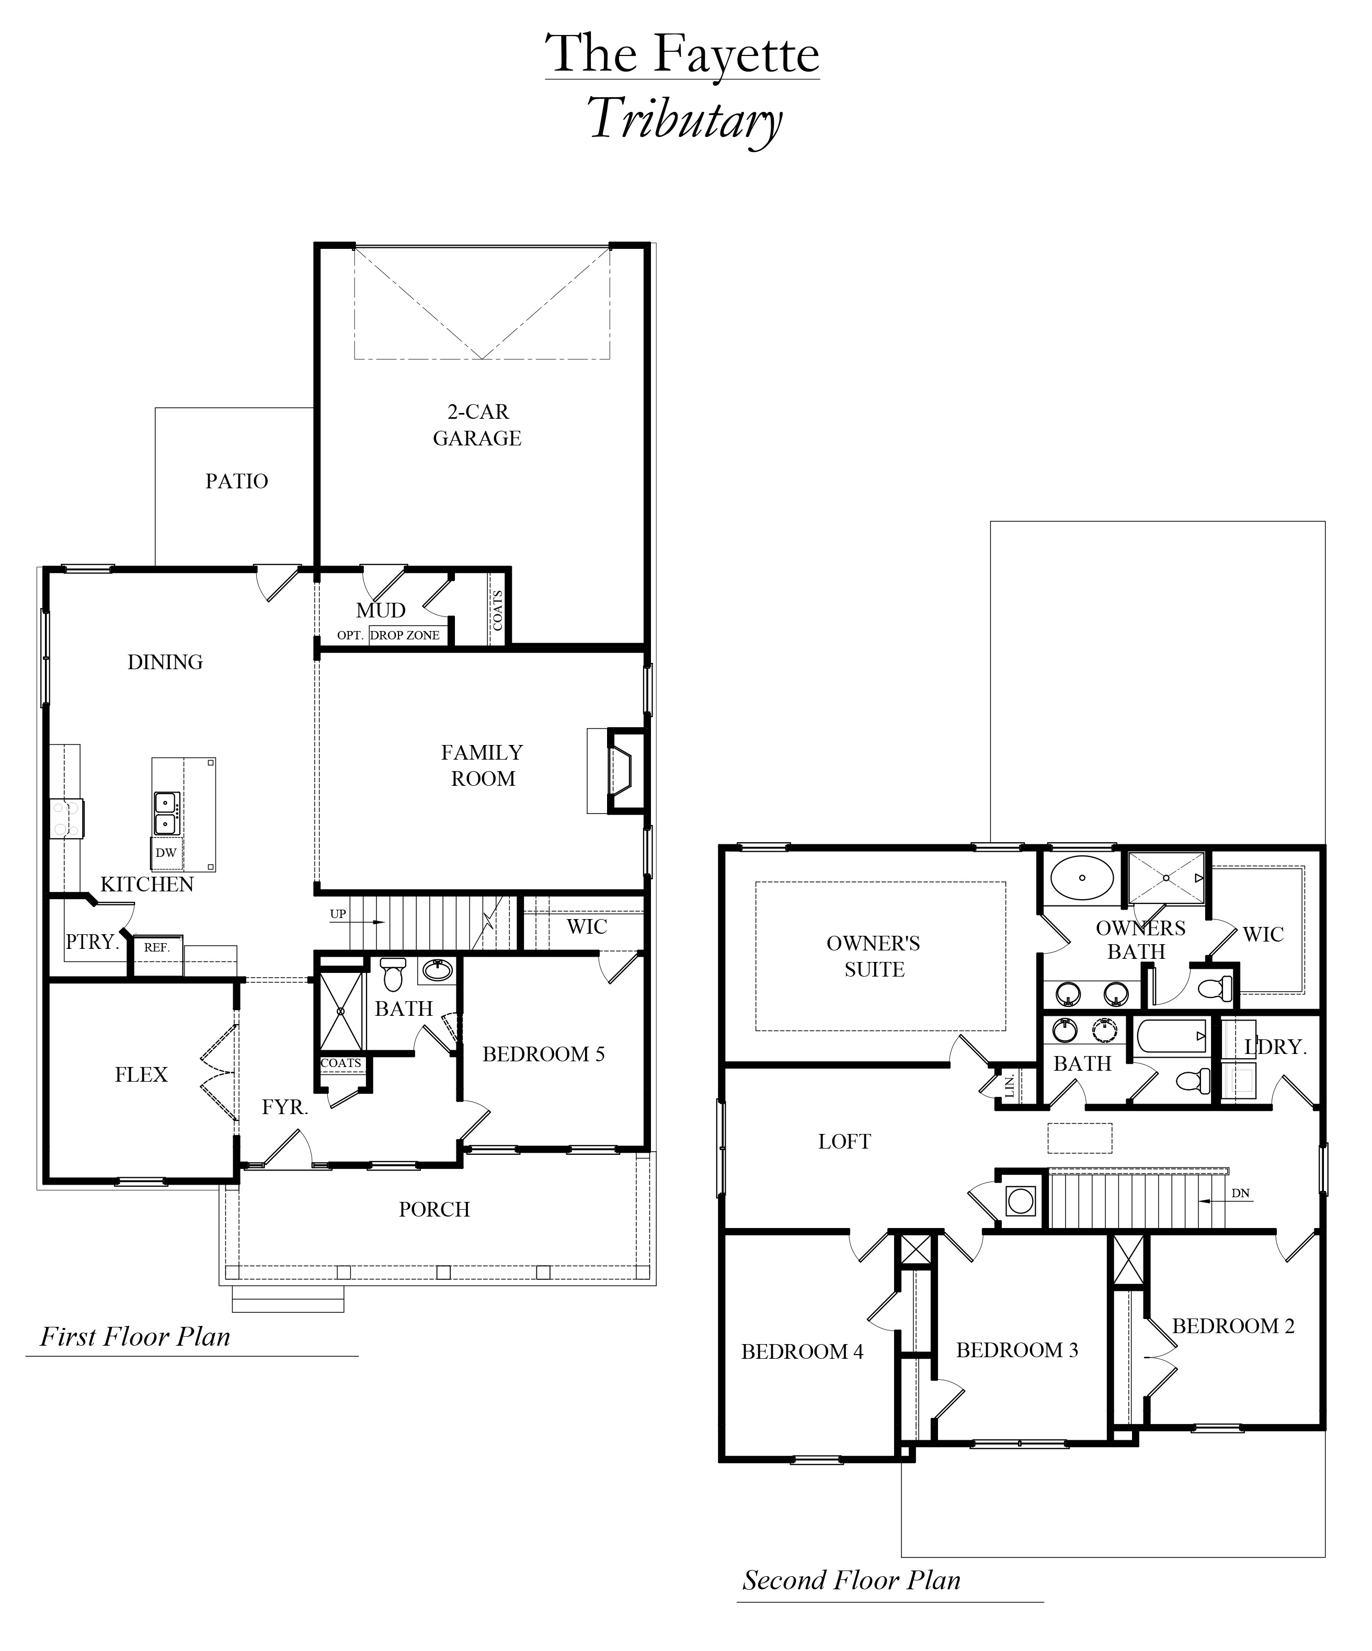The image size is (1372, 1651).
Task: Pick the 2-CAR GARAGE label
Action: (477, 425)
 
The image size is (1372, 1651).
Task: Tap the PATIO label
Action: (237, 481)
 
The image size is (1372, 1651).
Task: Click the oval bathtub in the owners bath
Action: (1082, 877)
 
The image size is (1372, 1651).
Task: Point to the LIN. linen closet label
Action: (1010, 1086)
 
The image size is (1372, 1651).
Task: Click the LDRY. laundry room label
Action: (1275, 1047)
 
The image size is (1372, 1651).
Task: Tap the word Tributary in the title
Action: (685, 120)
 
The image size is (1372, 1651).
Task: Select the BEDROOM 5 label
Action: (543, 1054)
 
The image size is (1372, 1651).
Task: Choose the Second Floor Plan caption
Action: (852, 1580)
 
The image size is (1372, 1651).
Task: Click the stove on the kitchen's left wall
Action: (66, 818)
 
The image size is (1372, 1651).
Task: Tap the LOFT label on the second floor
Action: (844, 1142)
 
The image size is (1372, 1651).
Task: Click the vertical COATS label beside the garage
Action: (497, 611)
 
